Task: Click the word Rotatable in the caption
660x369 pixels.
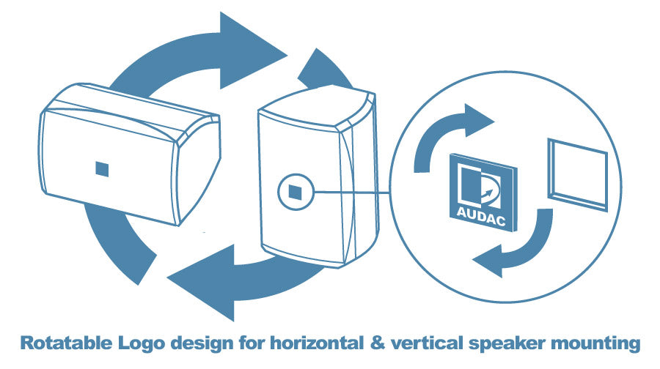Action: (x=67, y=343)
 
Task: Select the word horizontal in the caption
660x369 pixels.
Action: (x=317, y=343)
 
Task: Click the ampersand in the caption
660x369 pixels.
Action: (x=378, y=343)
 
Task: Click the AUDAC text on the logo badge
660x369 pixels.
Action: (x=480, y=216)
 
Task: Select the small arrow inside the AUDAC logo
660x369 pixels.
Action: (x=486, y=195)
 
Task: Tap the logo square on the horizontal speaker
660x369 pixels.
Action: (x=102, y=169)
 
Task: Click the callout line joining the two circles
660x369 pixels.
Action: (x=351, y=193)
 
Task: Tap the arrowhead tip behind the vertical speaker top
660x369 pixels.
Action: (x=316, y=49)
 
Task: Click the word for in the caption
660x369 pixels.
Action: (x=252, y=343)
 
